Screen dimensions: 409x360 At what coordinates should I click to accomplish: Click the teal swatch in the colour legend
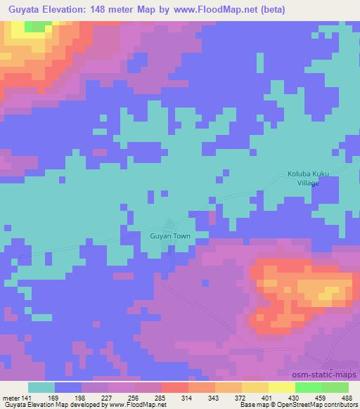click(41, 387)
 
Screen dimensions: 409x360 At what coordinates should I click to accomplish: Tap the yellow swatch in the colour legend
click(281, 387)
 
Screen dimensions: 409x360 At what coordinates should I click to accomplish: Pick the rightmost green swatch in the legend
click(335, 387)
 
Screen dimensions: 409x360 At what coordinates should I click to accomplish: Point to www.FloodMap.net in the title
click(211, 10)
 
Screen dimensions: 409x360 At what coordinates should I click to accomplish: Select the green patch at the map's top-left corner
click(33, 26)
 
